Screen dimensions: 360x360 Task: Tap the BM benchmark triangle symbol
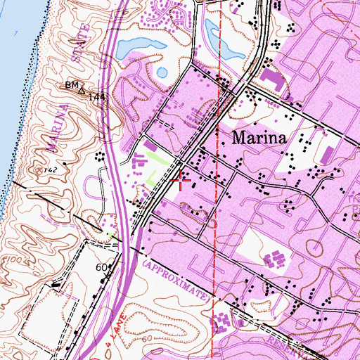82,90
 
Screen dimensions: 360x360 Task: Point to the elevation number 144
97,96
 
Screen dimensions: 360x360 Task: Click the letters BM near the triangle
70,86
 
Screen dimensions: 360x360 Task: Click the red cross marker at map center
181,181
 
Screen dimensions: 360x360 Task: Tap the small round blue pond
162,72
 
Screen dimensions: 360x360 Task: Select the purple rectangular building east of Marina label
327,154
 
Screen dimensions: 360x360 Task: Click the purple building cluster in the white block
274,261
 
